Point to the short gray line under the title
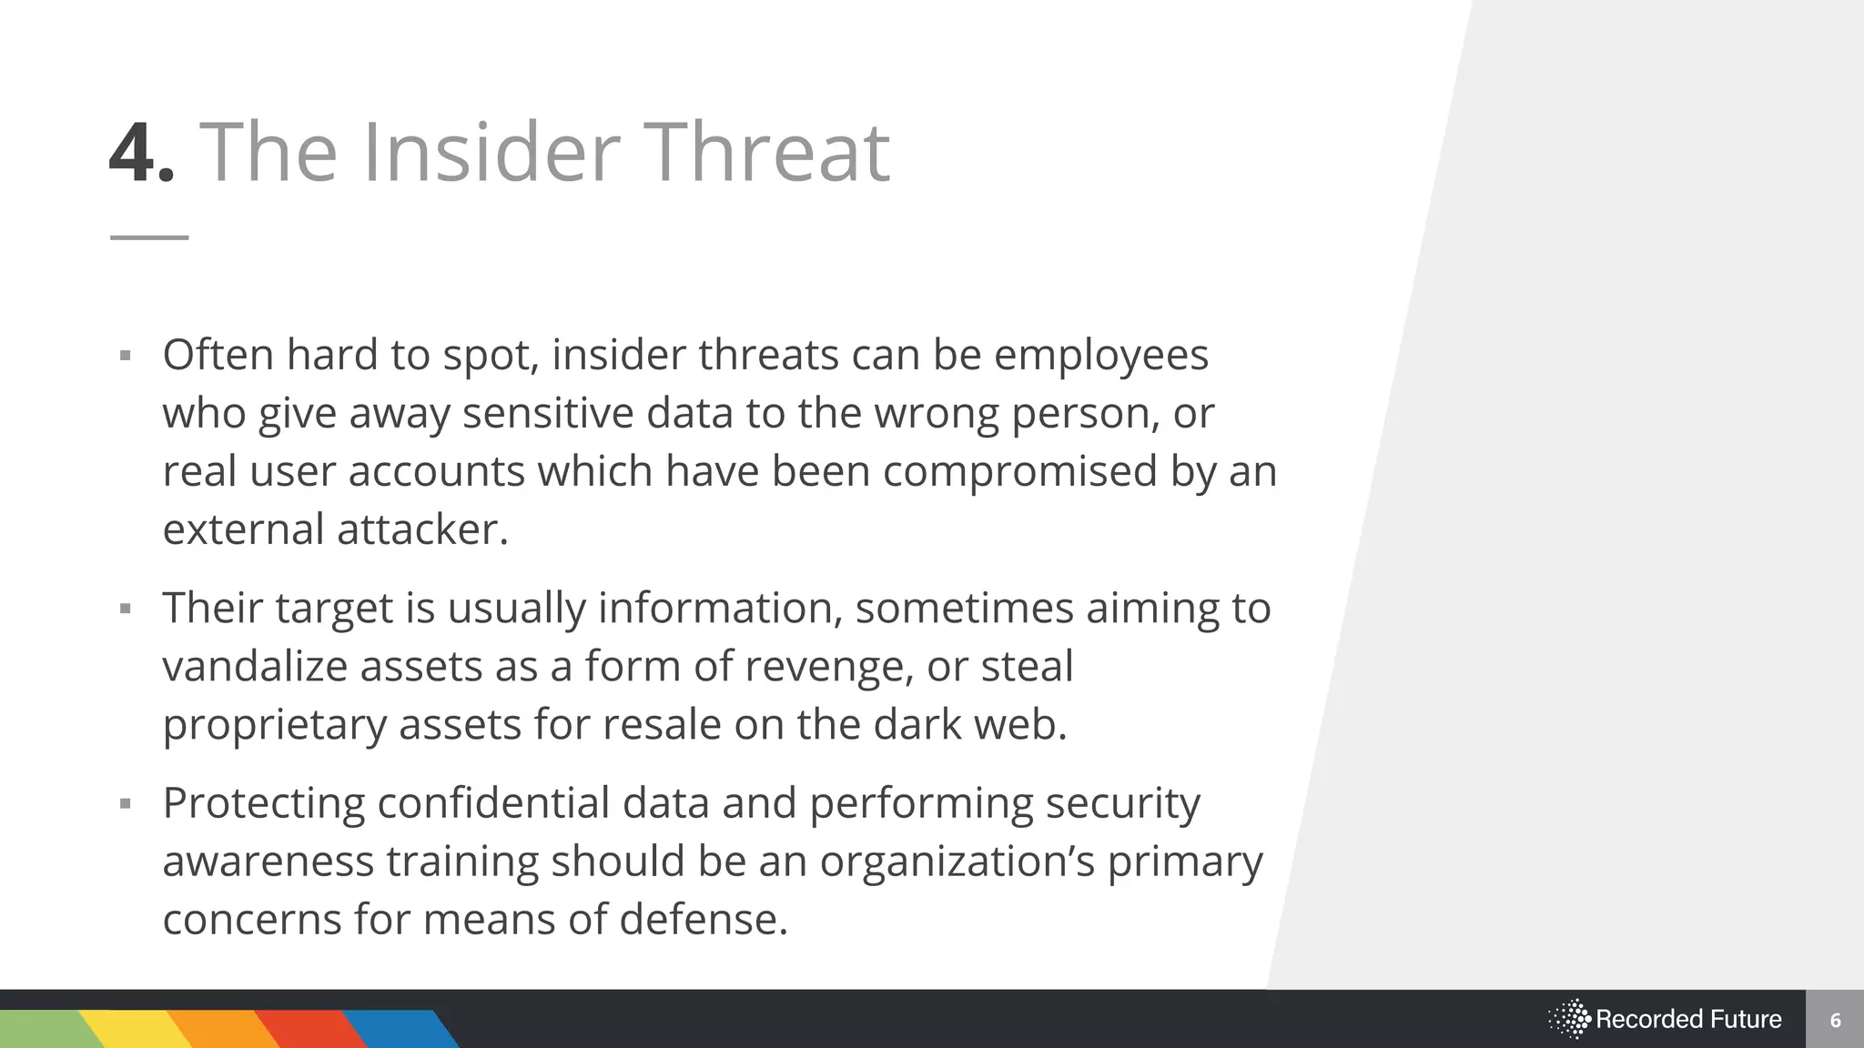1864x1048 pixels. pyautogui.click(x=149, y=237)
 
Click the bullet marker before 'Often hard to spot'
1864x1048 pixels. pyautogui.click(x=126, y=355)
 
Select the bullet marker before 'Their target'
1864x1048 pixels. pyautogui.click(x=126, y=608)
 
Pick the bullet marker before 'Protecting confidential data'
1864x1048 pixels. pyautogui.click(x=126, y=803)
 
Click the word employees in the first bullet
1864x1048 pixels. pyautogui.click(x=1100, y=355)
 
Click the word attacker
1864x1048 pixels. pyautogui.click(x=421, y=529)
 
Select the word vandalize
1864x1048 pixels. pyautogui.click(x=255, y=666)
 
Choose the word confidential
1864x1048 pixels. pyautogui.click(x=493, y=803)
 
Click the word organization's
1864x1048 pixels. pyautogui.click(x=957, y=862)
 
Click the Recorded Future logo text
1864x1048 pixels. pyautogui.click(x=1687, y=1019)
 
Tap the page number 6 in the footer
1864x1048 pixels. pyautogui.click(x=1835, y=1020)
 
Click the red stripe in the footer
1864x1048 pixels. pyautogui.click(x=309, y=1029)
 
